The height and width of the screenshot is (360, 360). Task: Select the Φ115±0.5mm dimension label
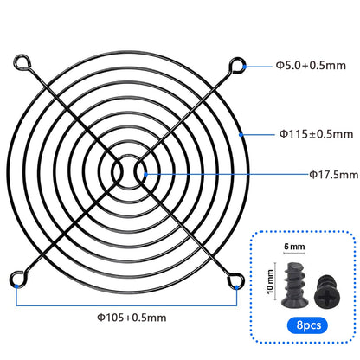click(x=315, y=134)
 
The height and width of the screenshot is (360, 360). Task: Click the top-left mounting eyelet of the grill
click(x=20, y=63)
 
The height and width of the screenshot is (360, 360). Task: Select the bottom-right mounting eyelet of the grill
click(x=235, y=280)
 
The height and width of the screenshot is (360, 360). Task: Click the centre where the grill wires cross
click(x=128, y=171)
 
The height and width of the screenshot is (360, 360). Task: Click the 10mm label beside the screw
click(x=271, y=280)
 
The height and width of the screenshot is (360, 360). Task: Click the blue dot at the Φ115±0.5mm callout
click(x=243, y=134)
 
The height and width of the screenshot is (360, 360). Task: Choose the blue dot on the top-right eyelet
click(x=243, y=65)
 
